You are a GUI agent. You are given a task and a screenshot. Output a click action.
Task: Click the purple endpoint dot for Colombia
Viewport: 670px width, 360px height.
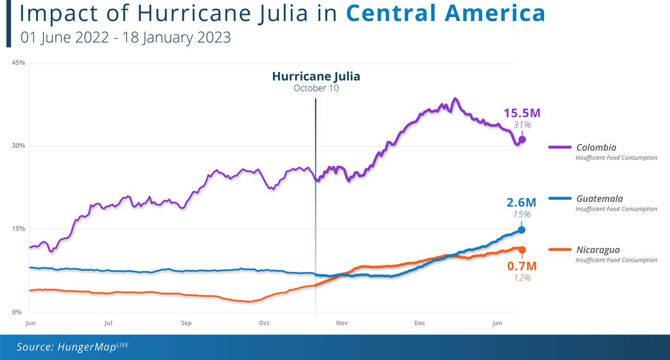pyautogui.click(x=522, y=140)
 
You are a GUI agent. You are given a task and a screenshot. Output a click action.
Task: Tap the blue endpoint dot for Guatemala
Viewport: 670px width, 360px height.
pyautogui.click(x=521, y=230)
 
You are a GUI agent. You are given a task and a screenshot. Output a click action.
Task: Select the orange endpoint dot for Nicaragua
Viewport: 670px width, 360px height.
pyautogui.click(x=522, y=249)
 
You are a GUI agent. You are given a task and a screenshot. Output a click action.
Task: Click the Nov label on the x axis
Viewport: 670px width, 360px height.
pyautogui.click(x=342, y=323)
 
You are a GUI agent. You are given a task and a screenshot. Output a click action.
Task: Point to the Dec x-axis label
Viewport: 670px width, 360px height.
pyautogui.click(x=420, y=323)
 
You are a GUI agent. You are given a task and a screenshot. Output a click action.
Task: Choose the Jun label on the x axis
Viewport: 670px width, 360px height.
pyautogui.click(x=31, y=323)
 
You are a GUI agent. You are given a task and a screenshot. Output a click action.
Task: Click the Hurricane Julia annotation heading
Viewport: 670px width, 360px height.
pyautogui.click(x=316, y=76)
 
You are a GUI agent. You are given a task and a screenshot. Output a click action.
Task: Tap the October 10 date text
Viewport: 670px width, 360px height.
pyautogui.click(x=316, y=88)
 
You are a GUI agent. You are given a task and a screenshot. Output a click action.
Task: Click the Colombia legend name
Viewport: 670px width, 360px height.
pyautogui.click(x=596, y=148)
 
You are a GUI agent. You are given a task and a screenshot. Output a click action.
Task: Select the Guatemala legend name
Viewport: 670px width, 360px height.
pyautogui.click(x=599, y=199)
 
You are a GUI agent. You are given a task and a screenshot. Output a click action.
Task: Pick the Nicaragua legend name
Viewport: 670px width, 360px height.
pyautogui.click(x=598, y=249)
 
